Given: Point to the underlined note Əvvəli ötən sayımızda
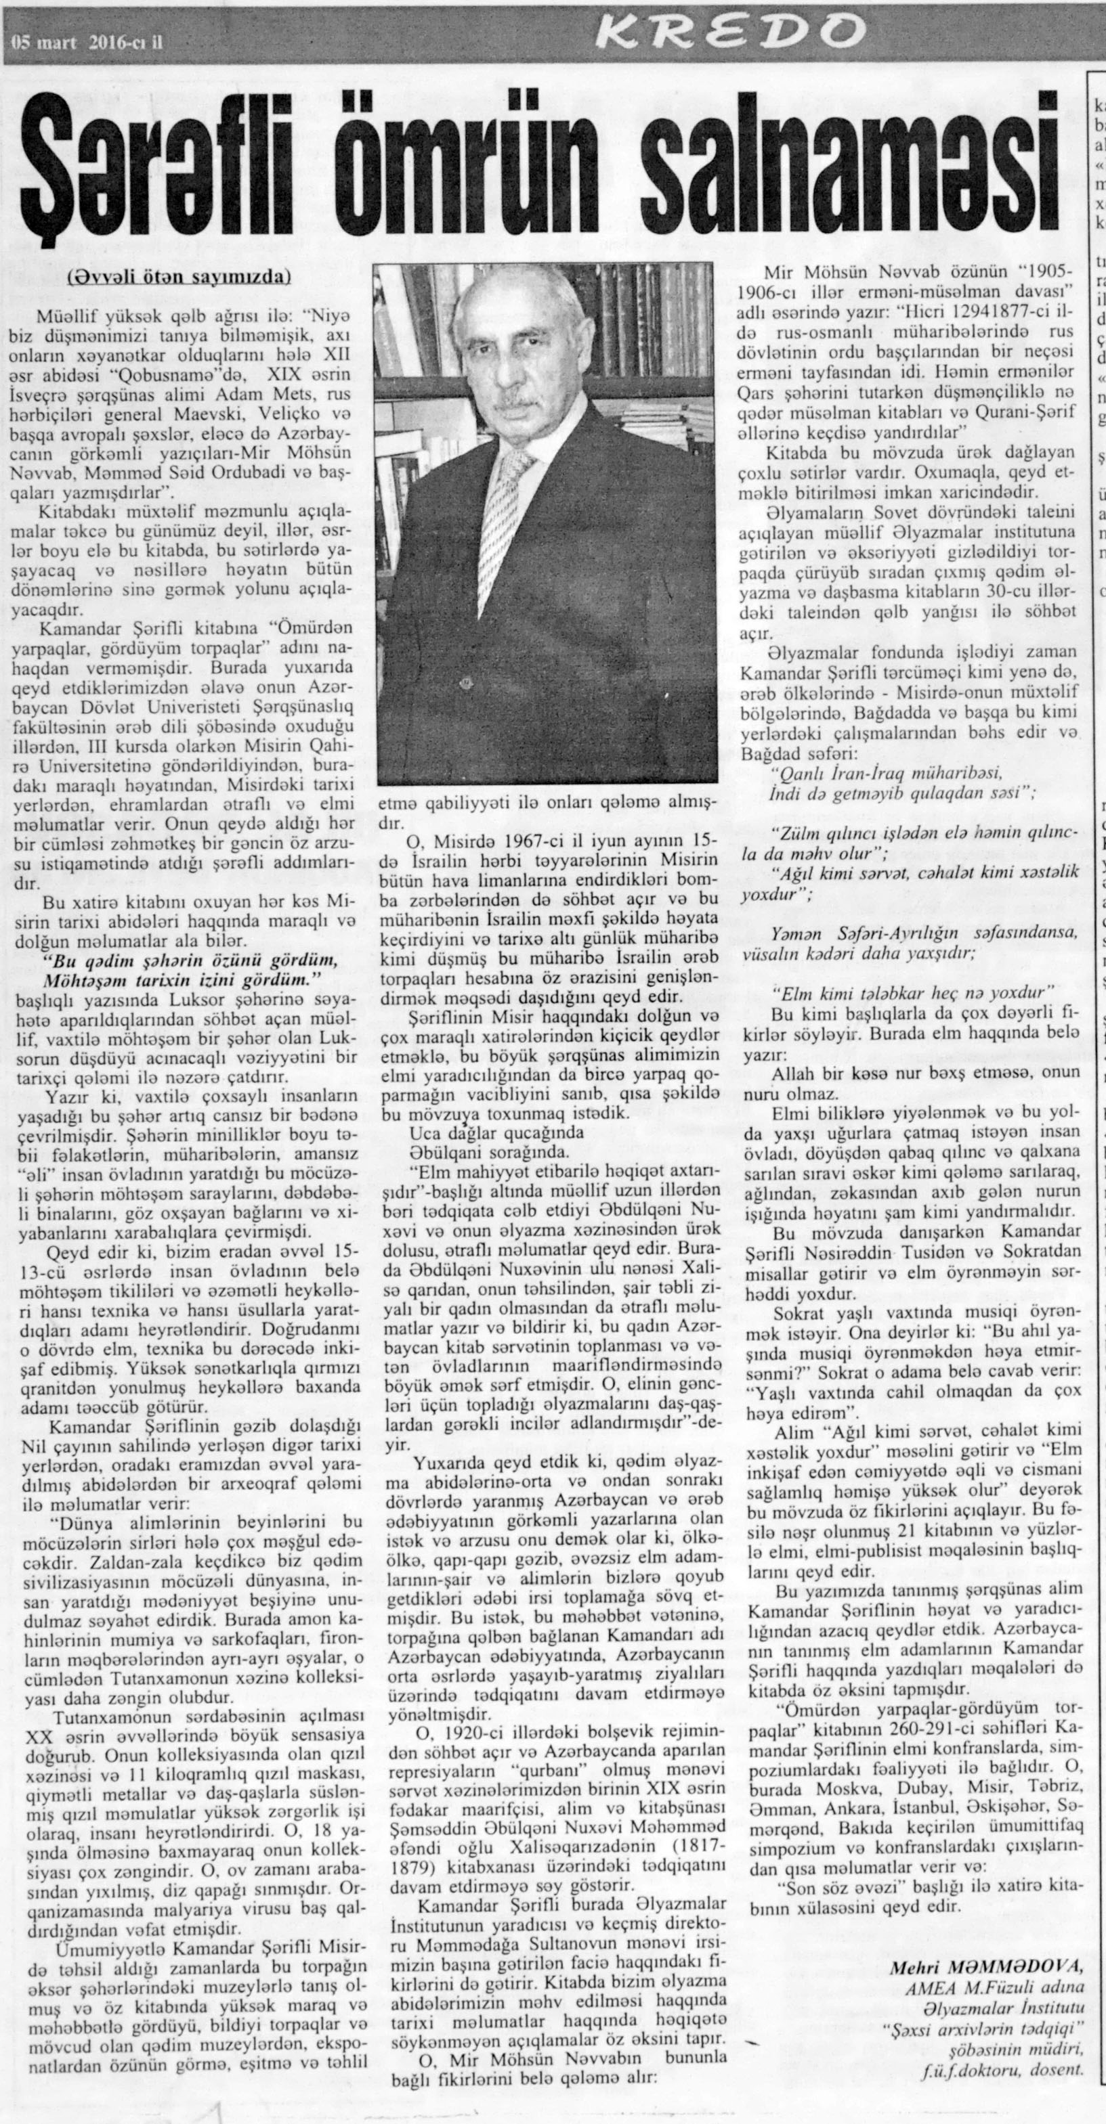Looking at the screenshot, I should coord(178,278).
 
